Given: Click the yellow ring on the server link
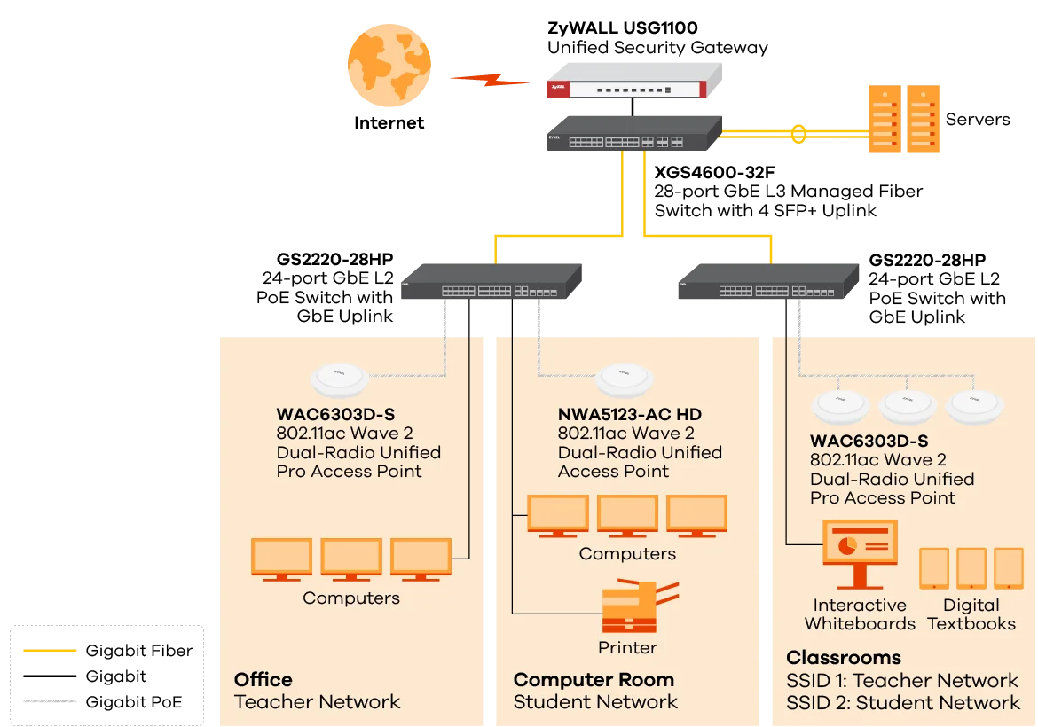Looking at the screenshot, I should (798, 134).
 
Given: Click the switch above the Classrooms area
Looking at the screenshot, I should (768, 285).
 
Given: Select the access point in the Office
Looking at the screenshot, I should (339, 379).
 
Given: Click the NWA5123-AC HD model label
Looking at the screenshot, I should (630, 414).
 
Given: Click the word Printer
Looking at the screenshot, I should (627, 647).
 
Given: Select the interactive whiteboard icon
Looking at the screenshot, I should (859, 551).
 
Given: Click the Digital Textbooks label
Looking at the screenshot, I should (971, 614).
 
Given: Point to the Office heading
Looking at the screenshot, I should (263, 680).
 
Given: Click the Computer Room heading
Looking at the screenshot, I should (594, 680).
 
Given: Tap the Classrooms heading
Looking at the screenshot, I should (843, 658).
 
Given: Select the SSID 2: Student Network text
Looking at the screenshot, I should (902, 703).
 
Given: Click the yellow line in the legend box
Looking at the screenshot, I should (50, 650).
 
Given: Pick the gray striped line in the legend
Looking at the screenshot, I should (50, 702).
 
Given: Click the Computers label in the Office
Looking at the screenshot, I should (350, 598).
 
